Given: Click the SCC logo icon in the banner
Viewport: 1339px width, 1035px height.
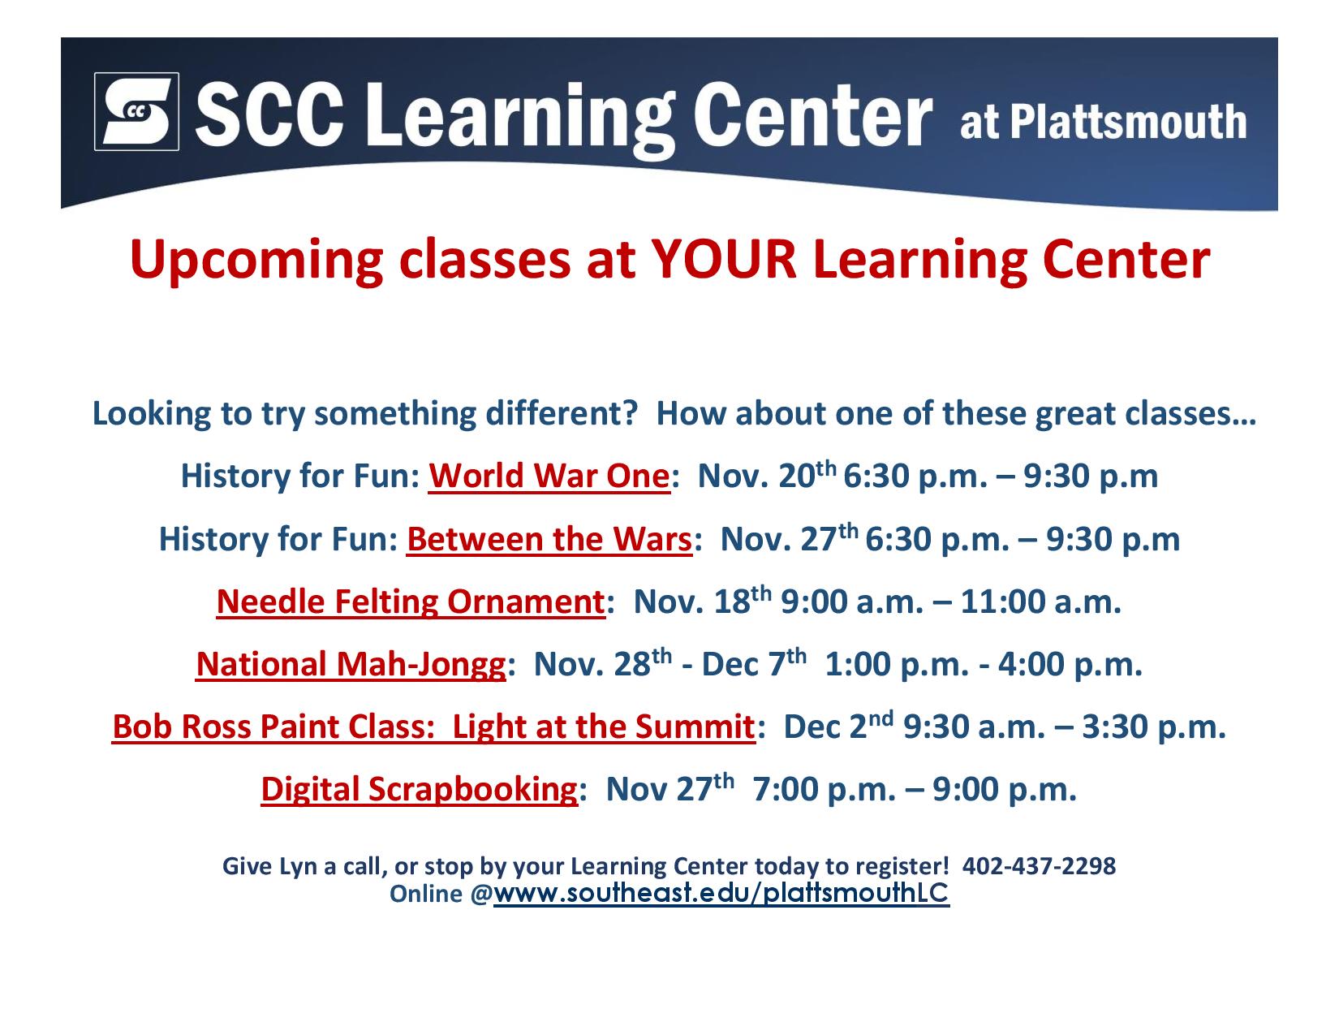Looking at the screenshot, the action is click(x=136, y=111).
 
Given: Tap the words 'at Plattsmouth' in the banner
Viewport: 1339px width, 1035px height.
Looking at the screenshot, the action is click(x=1102, y=121).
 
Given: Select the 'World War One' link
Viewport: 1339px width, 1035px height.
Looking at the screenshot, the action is click(x=549, y=476).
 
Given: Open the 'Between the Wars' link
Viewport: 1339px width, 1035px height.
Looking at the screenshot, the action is click(x=549, y=539).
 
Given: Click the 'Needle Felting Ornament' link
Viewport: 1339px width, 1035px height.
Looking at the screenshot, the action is click(x=411, y=601).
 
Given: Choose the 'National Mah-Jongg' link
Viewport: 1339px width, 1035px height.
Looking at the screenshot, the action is click(x=351, y=664).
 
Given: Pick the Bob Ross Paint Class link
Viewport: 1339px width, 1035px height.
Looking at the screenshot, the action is click(x=433, y=727).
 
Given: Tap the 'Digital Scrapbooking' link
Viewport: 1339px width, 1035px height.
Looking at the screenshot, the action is click(x=419, y=789).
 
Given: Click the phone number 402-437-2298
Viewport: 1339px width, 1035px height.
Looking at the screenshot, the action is click(x=1038, y=866).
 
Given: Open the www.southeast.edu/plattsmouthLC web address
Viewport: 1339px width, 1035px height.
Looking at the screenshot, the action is click(x=721, y=893).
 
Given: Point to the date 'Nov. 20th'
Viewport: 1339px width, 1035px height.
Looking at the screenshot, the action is click(x=767, y=475).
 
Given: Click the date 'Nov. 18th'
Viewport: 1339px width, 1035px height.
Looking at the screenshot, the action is click(x=702, y=601).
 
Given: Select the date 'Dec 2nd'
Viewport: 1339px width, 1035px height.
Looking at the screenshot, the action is click(x=837, y=725).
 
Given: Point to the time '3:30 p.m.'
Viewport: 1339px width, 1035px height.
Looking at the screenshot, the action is click(x=1153, y=727).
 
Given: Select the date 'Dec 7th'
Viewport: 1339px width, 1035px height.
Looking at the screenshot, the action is click(x=754, y=663).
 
